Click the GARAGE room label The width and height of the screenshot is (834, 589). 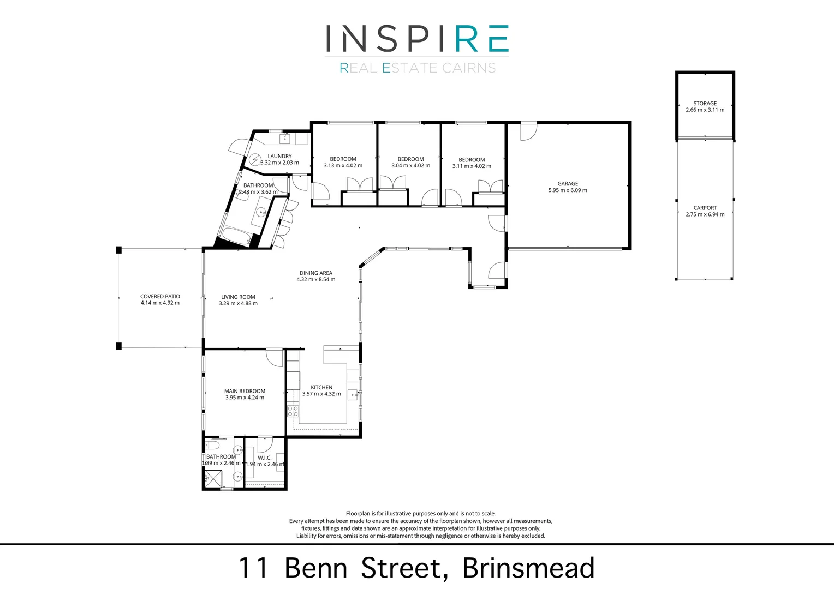pyautogui.click(x=568, y=184)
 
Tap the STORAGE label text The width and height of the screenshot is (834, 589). pyautogui.click(x=705, y=103)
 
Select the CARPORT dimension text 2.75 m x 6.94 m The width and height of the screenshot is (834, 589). pyautogui.click(x=705, y=214)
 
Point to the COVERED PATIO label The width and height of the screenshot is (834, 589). pyautogui.click(x=160, y=297)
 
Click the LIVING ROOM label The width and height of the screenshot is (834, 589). pyautogui.click(x=238, y=297)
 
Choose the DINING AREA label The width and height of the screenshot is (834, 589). pyautogui.click(x=315, y=273)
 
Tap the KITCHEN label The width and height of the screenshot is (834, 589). pyautogui.click(x=321, y=387)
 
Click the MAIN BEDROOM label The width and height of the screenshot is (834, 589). pyautogui.click(x=245, y=391)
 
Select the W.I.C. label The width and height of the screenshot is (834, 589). pyautogui.click(x=264, y=458)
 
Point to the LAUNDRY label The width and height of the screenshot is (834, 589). pyautogui.click(x=279, y=156)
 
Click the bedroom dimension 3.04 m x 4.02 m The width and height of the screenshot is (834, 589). pyautogui.click(x=410, y=166)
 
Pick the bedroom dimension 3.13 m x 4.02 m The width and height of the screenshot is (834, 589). pyautogui.click(x=343, y=166)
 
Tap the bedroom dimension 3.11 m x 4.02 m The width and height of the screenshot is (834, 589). pyautogui.click(x=472, y=166)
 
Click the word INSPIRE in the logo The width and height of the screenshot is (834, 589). pyautogui.click(x=417, y=39)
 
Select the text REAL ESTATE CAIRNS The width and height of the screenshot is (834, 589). pyautogui.click(x=417, y=68)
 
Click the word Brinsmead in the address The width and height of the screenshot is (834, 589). pyautogui.click(x=528, y=568)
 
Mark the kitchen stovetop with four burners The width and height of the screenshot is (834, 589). pyautogui.click(x=293, y=411)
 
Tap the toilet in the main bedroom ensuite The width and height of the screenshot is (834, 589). pyautogui.click(x=212, y=446)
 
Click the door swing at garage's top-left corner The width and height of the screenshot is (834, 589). pyautogui.click(x=527, y=131)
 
